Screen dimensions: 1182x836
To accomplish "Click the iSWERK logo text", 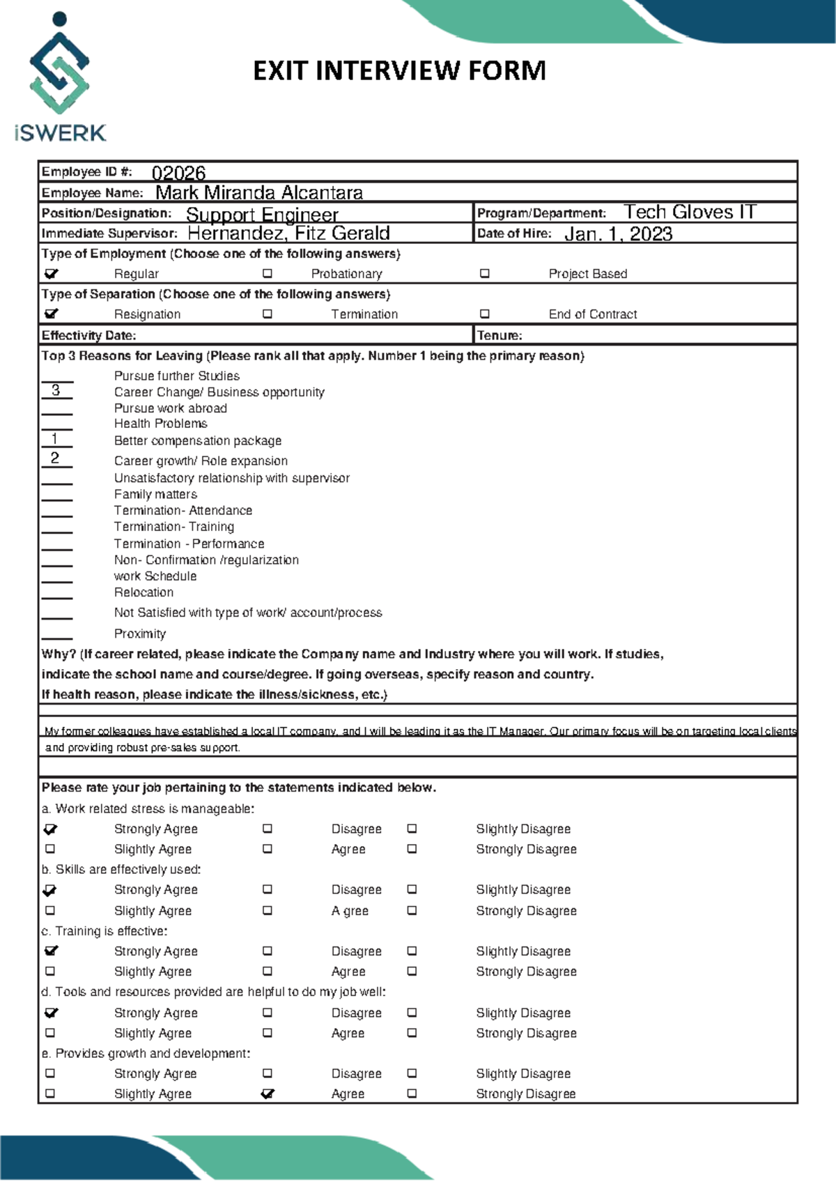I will point(60,132).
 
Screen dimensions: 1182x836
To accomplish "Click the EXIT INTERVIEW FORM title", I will point(399,71).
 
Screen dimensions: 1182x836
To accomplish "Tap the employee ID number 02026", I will point(178,173).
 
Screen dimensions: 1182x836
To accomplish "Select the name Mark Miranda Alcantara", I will point(258,192).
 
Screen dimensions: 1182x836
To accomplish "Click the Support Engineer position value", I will point(262,214).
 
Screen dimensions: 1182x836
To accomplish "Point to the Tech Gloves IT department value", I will point(689,212).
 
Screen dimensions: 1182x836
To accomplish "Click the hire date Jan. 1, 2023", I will point(618,233).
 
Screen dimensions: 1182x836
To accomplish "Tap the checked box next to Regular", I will point(51,274).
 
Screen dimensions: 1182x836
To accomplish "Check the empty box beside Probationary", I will point(268,274).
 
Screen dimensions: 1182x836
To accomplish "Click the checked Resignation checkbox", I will point(51,314).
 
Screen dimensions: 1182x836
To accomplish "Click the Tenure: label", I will point(499,335).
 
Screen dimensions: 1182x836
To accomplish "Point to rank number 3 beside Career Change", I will point(56,390).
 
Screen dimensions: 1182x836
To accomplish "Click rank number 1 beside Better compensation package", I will point(55,438).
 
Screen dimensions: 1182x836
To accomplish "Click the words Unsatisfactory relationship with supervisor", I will point(232,478).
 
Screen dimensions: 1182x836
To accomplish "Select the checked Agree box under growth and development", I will point(268,1093).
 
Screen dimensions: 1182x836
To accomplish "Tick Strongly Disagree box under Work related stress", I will point(412,849).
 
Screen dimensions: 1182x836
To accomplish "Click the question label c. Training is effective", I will point(104,931).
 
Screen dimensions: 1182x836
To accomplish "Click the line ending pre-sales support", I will point(143,748).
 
